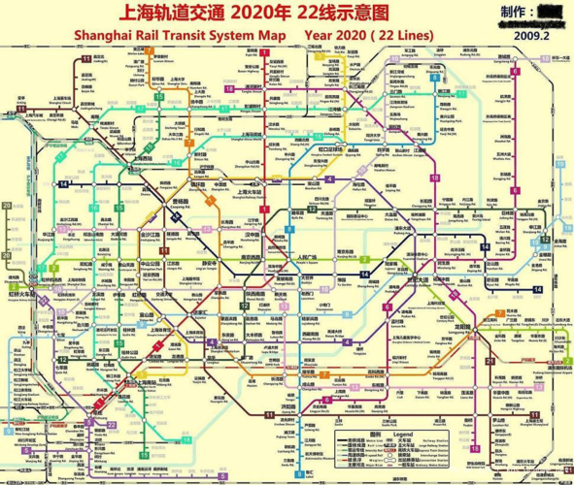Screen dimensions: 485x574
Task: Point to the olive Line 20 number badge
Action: pyautogui.click(x=8, y=207)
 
